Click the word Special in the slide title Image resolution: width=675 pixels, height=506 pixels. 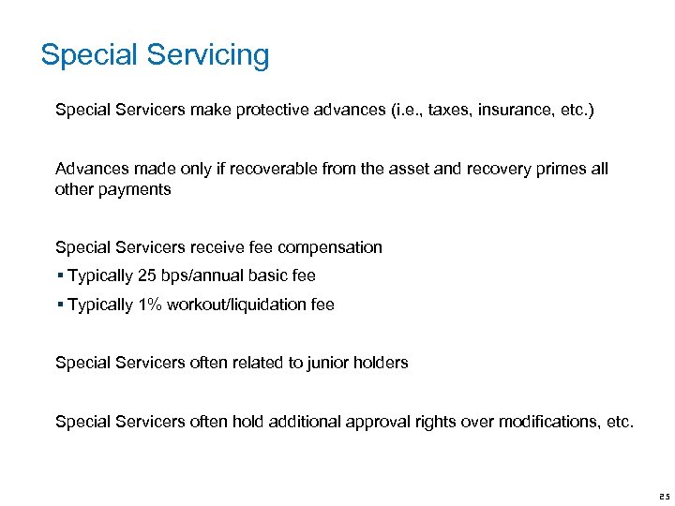click(87, 55)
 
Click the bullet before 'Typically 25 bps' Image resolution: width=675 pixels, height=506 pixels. click(59, 276)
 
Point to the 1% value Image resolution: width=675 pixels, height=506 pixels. click(152, 305)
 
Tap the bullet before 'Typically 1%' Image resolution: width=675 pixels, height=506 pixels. click(59, 305)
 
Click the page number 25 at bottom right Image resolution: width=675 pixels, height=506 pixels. click(664, 496)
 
